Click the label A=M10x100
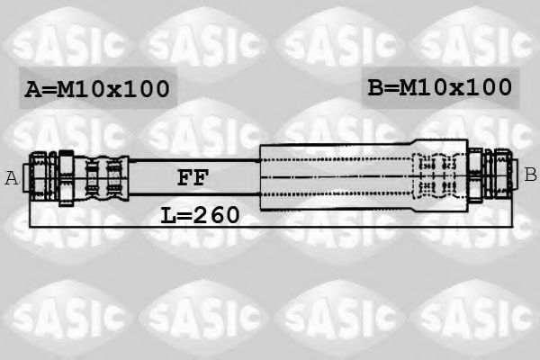pyautogui.click(x=97, y=89)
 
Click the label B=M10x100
pyautogui.click(x=439, y=87)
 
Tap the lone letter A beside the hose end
pyautogui.click(x=12, y=177)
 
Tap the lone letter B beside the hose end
pyautogui.click(x=530, y=174)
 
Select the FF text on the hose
pyautogui.click(x=192, y=177)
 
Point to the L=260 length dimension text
pyautogui.click(x=200, y=215)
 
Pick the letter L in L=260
pyautogui.click(x=168, y=215)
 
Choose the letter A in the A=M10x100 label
pyautogui.click(x=32, y=89)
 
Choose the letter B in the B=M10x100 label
pyautogui.click(x=375, y=87)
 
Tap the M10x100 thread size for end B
pyautogui.click(x=455, y=87)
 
